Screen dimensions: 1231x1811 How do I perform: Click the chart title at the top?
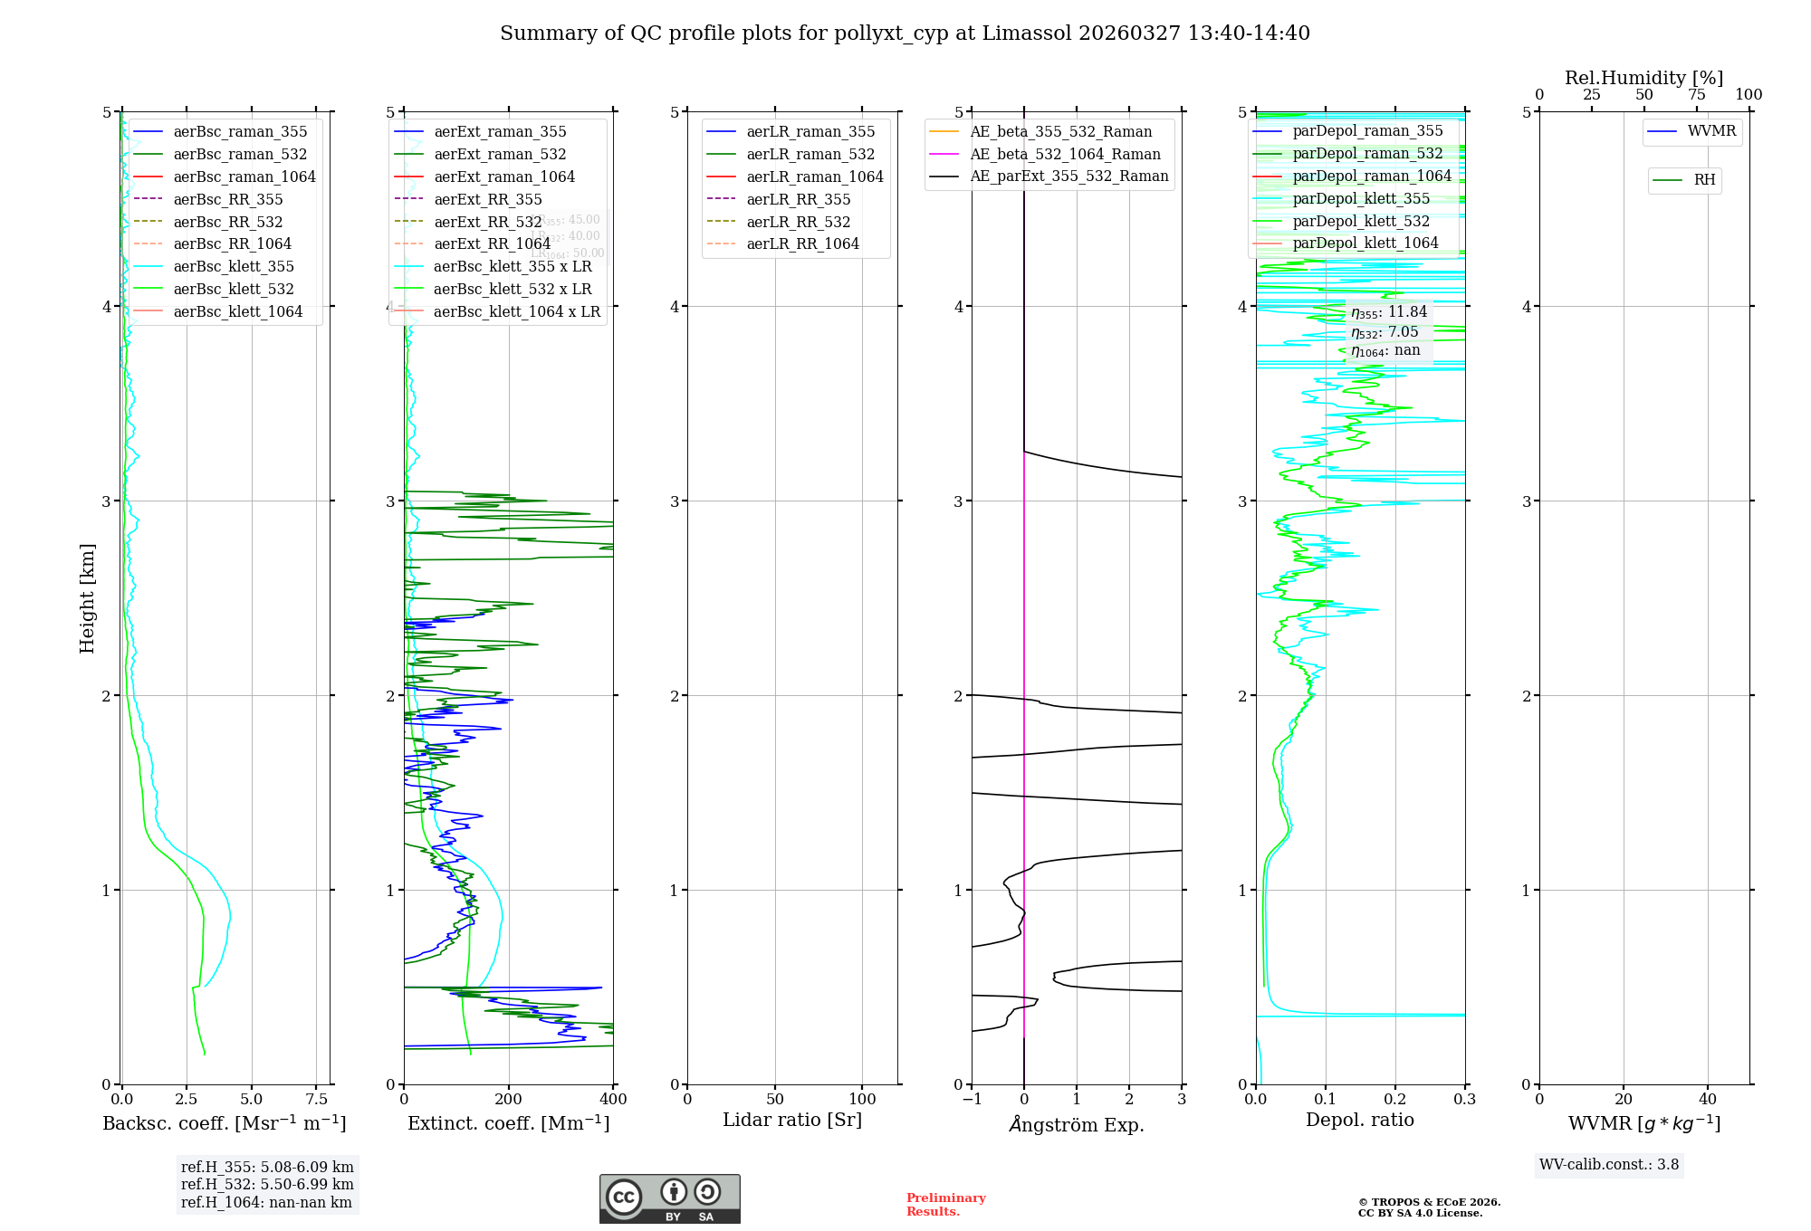[905, 33]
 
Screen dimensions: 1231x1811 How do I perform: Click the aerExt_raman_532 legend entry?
[500, 154]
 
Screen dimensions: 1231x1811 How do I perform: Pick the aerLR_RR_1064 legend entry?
[802, 243]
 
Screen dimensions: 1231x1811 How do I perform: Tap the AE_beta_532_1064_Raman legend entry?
[1065, 154]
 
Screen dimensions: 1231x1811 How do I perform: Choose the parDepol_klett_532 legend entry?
[1361, 221]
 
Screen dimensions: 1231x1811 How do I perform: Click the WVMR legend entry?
[1711, 131]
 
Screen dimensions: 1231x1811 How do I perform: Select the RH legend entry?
[1704, 180]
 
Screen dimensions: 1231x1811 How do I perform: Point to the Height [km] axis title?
[87, 598]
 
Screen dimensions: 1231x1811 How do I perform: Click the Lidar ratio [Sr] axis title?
[792, 1121]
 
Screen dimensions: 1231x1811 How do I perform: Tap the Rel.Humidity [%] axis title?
[1643, 78]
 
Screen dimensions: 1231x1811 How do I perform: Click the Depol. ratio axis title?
[1359, 1121]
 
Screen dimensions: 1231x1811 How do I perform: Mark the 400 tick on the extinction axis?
[614, 1100]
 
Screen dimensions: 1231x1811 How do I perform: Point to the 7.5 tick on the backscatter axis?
[316, 1100]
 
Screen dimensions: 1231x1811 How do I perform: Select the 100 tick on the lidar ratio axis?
[862, 1100]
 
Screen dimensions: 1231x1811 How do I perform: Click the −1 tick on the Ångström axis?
[972, 1100]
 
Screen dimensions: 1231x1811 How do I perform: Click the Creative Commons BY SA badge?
[669, 1199]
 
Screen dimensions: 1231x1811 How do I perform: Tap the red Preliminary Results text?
[945, 1205]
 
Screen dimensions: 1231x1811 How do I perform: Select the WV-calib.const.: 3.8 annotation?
[1608, 1165]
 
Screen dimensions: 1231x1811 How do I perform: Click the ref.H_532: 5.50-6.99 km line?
[267, 1185]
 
